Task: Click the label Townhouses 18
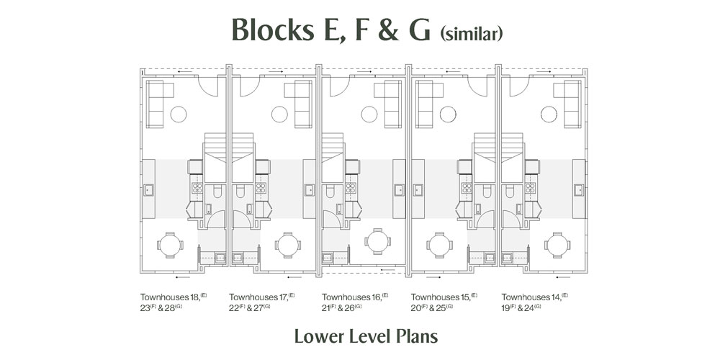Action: click(170, 297)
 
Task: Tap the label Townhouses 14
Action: click(530, 297)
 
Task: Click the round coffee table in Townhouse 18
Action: click(179, 114)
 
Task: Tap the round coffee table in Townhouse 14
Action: click(546, 114)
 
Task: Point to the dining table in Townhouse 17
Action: click(287, 245)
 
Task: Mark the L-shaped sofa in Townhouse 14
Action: click(572, 101)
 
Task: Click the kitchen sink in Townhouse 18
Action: click(148, 191)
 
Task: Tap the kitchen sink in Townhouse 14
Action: click(578, 191)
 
